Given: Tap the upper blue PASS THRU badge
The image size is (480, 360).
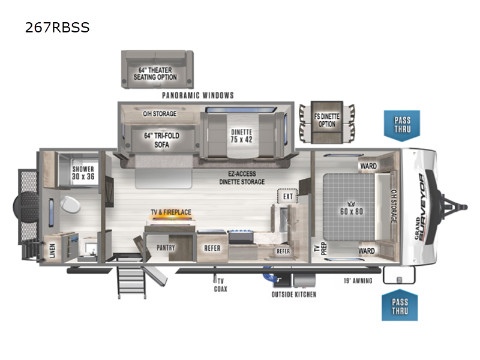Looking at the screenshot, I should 402,124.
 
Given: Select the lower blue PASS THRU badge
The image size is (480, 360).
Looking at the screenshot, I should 400,306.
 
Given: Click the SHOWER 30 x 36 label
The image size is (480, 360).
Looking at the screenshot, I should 83,173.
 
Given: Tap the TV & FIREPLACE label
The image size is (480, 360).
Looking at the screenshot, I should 170,212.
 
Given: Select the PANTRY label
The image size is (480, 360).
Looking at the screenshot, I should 166,247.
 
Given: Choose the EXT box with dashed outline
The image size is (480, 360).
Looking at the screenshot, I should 287,196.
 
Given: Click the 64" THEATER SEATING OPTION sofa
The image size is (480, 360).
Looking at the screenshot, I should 158,70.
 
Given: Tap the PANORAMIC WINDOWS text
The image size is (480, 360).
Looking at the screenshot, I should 197,95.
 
